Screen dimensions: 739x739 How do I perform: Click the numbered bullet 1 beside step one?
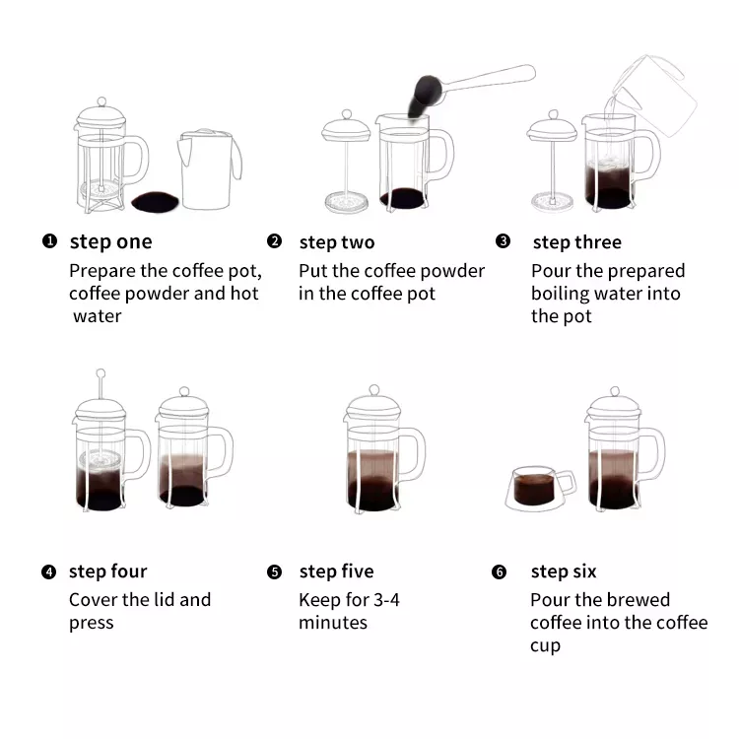(x=49, y=240)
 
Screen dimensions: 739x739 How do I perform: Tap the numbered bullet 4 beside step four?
(x=48, y=571)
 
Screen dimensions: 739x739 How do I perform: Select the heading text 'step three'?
(x=576, y=242)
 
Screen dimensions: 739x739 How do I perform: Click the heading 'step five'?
(x=337, y=571)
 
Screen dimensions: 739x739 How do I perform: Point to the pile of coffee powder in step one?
(x=155, y=201)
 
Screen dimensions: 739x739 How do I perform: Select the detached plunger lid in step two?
(x=347, y=162)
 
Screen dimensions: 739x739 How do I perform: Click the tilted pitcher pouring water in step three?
(x=652, y=96)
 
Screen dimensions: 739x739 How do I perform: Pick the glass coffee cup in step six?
(x=541, y=489)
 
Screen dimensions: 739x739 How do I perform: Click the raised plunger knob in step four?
(x=101, y=373)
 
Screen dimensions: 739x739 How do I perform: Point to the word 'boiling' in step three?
(x=561, y=294)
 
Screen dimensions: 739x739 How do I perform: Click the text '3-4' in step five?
(x=386, y=600)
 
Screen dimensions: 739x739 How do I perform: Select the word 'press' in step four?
(x=92, y=624)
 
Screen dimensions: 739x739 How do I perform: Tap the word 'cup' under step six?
(x=545, y=646)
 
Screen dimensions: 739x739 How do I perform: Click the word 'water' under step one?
(x=98, y=316)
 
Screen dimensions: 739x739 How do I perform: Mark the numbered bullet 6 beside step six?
(x=500, y=571)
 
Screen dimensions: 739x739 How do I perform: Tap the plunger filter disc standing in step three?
(x=553, y=202)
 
